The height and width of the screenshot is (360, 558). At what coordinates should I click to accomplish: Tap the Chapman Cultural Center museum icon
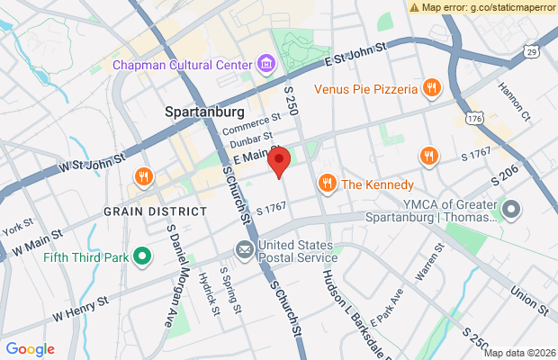click(266, 65)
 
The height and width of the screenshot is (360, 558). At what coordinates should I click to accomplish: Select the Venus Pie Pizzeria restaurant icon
click(432, 88)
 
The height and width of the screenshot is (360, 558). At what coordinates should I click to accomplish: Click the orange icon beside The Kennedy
click(327, 184)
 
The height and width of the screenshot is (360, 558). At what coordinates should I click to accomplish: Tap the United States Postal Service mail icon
click(244, 248)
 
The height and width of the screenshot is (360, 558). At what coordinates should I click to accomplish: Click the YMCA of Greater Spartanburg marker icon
click(511, 211)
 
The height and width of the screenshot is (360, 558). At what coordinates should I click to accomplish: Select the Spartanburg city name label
click(205, 112)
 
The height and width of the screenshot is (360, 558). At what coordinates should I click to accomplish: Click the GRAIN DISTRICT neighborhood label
click(155, 211)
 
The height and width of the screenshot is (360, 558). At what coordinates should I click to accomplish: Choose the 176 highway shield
click(474, 118)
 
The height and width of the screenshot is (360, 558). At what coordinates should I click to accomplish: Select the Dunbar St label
click(250, 141)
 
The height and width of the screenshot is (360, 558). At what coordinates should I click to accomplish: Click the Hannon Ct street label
click(515, 94)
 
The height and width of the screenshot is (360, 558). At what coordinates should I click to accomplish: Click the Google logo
click(30, 349)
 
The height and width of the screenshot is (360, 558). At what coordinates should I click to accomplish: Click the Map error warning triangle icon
click(414, 6)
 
